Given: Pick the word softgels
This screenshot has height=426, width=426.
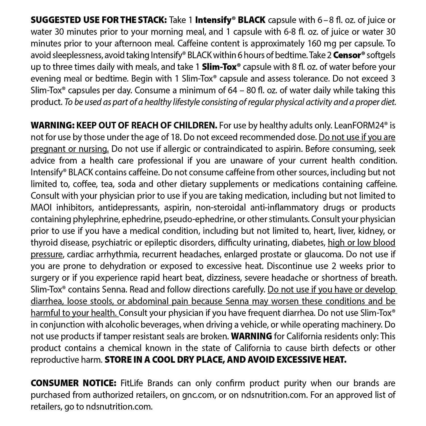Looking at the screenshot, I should click(x=381, y=55).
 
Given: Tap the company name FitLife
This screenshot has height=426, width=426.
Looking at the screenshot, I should click(x=130, y=383).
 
